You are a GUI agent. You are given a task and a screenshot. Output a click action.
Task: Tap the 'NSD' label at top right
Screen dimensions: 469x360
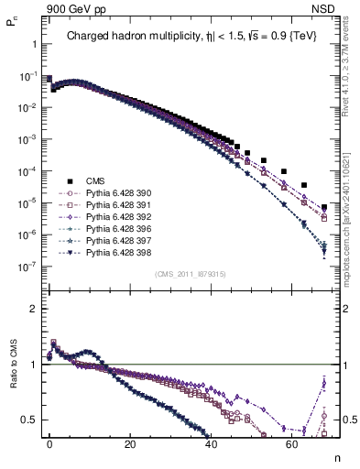coord(327,7)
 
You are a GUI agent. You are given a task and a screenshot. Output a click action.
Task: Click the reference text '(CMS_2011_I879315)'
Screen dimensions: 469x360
coord(192,274)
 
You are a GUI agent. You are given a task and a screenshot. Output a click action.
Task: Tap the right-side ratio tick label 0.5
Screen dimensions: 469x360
coord(346,420)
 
